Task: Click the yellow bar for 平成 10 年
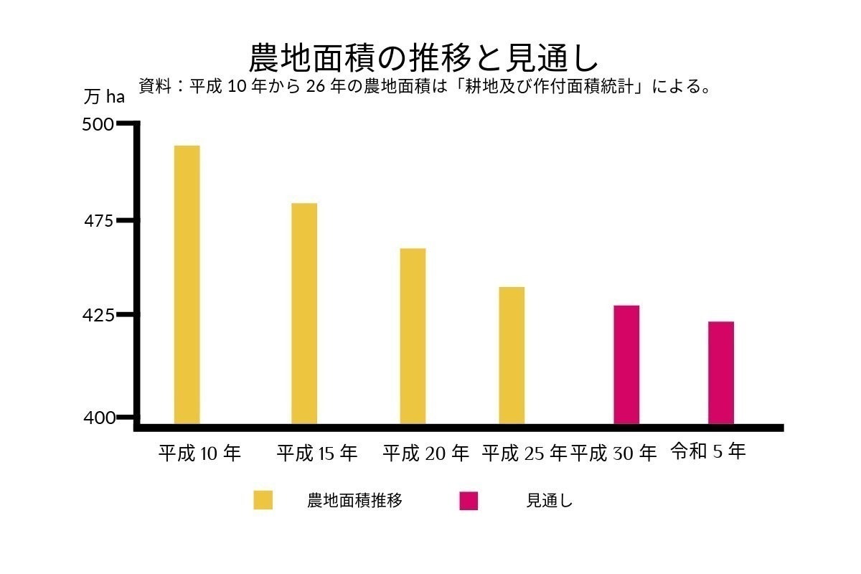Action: pos(187,284)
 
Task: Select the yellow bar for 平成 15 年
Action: pos(304,313)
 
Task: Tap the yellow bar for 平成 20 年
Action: pos(413,336)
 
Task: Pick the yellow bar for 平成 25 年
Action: pos(512,355)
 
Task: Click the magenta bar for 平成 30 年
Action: pos(626,364)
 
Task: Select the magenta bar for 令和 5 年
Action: pos(721,372)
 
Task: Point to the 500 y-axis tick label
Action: pos(98,125)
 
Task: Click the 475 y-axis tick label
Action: pos(98,221)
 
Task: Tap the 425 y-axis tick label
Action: pos(98,315)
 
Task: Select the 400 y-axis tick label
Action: pos(98,418)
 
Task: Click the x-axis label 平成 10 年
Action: pos(200,453)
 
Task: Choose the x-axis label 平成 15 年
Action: pos(317,453)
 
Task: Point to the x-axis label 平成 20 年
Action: pos(425,453)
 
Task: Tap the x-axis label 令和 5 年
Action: pos(708,452)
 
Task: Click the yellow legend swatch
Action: pos(263,500)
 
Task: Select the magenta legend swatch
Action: pos(469,500)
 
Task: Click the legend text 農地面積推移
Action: pos(354,501)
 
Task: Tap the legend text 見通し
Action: pos(550,501)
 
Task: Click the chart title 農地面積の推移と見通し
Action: pos(423,57)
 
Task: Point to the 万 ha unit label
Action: pos(104,96)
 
